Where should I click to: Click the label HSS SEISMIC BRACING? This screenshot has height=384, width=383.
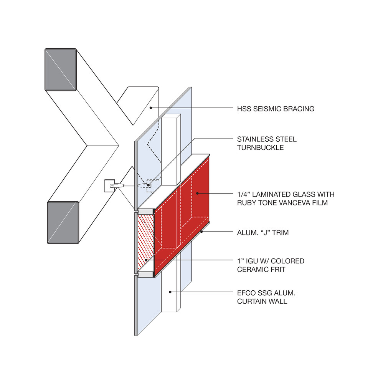click(x=276, y=109)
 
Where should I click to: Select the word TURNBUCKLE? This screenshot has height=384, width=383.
click(x=261, y=147)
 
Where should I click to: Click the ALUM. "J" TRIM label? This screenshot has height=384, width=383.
click(x=262, y=232)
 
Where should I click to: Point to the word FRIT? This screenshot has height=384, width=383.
click(x=277, y=270)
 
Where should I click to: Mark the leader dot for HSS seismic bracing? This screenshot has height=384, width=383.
click(x=151, y=108)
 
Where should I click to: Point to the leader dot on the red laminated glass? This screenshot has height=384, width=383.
click(x=197, y=193)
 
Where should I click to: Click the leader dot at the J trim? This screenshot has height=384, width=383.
click(x=201, y=232)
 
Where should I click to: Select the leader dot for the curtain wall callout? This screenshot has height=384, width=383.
click(x=170, y=292)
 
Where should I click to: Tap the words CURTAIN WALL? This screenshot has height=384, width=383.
click(x=262, y=301)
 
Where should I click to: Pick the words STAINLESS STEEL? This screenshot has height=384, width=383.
click(x=267, y=139)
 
